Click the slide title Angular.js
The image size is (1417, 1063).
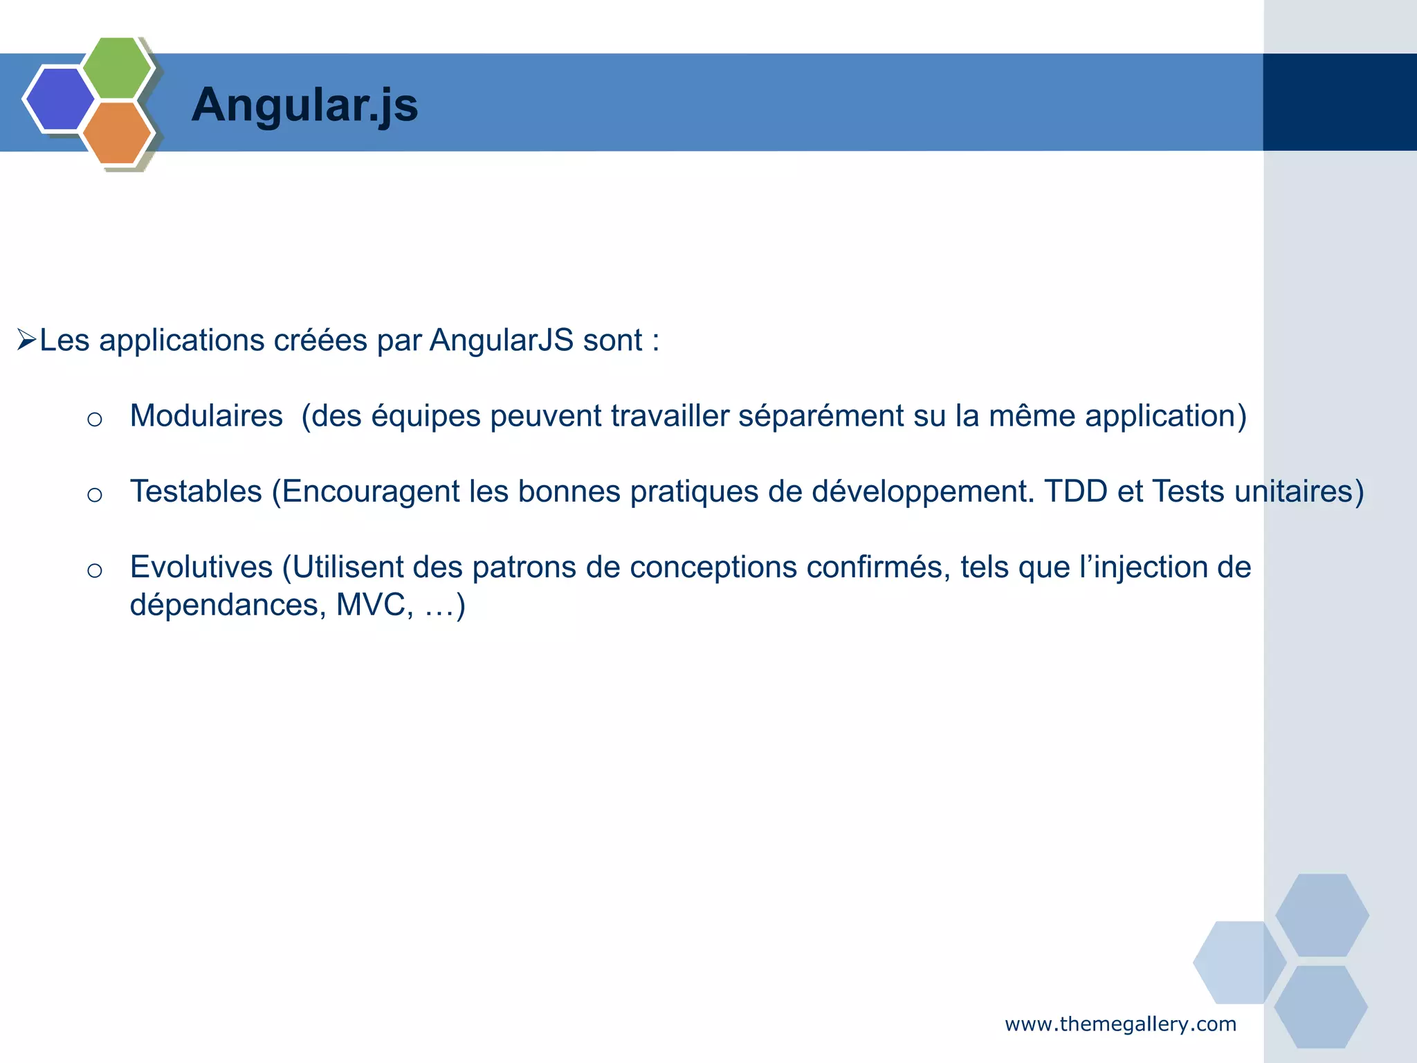click(304, 105)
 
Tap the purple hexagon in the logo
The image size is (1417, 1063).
click(59, 99)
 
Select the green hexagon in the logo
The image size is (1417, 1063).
click(117, 67)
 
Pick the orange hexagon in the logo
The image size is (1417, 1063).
click(117, 133)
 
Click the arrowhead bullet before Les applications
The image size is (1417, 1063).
click(26, 340)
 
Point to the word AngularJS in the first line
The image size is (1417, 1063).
click(501, 340)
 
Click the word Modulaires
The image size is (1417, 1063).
click(206, 416)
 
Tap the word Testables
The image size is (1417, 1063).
click(196, 491)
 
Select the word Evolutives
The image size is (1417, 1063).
click(201, 567)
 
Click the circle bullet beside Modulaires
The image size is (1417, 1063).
click(95, 419)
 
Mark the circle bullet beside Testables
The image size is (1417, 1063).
click(95, 495)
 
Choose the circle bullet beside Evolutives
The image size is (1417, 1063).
click(95, 570)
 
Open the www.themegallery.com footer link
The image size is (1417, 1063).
click(1120, 1024)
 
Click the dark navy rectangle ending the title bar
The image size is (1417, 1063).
click(1340, 102)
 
